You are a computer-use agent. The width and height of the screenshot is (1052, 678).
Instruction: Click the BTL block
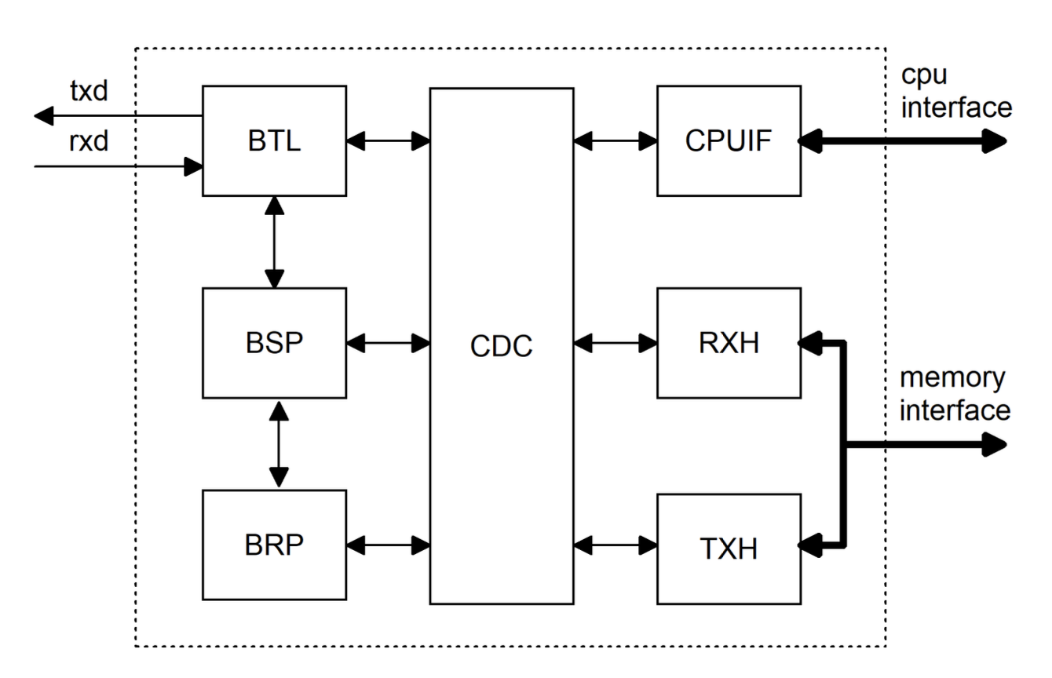pos(274,141)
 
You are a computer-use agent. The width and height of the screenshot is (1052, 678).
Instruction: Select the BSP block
pos(274,343)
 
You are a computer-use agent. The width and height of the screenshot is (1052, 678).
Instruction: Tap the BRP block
pos(274,545)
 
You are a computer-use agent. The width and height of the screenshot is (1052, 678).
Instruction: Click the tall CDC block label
pos(501,345)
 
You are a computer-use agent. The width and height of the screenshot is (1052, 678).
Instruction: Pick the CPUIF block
pos(729,141)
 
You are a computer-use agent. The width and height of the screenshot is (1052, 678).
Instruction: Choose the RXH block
pos(729,343)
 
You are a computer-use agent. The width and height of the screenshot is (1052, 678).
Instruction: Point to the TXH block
pos(729,549)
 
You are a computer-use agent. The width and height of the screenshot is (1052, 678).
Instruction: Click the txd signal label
pos(89,91)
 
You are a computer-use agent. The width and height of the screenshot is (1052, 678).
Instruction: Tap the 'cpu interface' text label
pos(955,92)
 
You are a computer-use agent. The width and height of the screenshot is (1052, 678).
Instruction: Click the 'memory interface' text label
pos(954,394)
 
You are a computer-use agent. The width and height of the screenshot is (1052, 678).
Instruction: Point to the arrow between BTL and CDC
pos(388,141)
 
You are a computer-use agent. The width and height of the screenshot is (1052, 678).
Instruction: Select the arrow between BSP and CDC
pos(388,343)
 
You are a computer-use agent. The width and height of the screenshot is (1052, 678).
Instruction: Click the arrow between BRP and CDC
pos(388,545)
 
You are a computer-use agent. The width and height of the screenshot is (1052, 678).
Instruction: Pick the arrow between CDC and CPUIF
pos(615,141)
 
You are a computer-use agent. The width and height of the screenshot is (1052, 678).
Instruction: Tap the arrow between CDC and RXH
pos(615,343)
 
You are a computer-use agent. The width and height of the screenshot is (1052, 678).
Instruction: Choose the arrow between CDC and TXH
pos(615,545)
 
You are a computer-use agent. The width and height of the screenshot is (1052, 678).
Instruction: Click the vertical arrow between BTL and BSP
pos(274,242)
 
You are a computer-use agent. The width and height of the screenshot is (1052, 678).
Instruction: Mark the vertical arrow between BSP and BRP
pos(279,443)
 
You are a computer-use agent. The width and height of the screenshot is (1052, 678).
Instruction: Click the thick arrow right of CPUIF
pos(903,141)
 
